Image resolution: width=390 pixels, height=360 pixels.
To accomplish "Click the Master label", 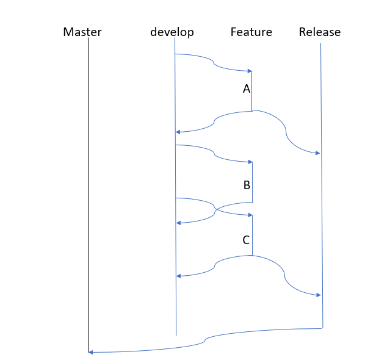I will (82, 32).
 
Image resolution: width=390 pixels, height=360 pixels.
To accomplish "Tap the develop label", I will (172, 32).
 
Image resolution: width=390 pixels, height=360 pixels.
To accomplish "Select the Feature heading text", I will (251, 32).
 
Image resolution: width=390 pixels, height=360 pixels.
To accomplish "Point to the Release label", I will (320, 32).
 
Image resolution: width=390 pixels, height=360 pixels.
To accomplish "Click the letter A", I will (246, 89).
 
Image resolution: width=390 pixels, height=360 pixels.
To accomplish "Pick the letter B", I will (246, 185).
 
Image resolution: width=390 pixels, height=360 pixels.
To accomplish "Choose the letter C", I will (246, 240).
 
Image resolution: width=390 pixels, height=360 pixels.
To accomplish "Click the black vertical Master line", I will (88, 183).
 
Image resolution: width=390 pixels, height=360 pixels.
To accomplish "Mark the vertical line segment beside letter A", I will (252, 92).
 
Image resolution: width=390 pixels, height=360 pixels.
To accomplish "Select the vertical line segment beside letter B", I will (253, 182).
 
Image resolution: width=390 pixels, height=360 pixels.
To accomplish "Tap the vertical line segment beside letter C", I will (253, 235).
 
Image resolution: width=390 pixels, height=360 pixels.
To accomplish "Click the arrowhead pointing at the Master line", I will (90, 352).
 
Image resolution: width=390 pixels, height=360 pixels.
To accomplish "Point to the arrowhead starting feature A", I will (250, 71).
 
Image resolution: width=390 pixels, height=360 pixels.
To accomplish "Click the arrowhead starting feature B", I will (250, 162).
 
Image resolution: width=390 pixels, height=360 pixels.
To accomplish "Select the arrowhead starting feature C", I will (250, 215).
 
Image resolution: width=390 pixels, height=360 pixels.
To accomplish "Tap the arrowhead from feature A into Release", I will (317, 153).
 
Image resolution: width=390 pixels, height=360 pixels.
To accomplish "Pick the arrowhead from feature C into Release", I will (318, 295).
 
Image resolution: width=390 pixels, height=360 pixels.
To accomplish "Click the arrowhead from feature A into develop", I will (178, 132).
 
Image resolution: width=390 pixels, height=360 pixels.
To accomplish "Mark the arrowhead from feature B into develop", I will (178, 223).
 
